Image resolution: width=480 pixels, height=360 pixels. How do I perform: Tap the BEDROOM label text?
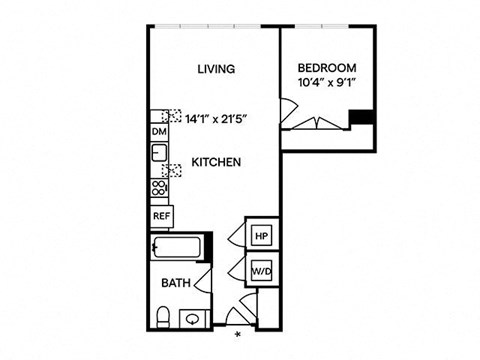pos(327,68)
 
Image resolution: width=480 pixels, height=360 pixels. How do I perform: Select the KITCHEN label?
pos(216,162)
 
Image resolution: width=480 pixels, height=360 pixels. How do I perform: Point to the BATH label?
pos(176,283)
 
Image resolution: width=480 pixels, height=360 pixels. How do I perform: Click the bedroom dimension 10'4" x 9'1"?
pos(325,82)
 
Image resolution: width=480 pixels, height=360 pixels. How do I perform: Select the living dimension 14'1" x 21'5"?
pos(216,119)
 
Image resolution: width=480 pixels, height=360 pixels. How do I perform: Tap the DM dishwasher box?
pos(159,132)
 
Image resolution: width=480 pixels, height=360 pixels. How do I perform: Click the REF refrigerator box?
pos(161,216)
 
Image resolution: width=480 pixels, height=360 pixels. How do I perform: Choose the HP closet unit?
pos(262,236)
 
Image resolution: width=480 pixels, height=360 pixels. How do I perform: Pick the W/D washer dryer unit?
pos(262,271)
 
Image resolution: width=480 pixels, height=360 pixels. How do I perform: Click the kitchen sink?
pos(159,152)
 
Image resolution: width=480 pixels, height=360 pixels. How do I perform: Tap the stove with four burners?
pos(159,188)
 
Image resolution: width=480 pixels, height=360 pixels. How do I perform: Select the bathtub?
pos(176,247)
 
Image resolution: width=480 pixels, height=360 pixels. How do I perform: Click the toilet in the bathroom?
pos(163,317)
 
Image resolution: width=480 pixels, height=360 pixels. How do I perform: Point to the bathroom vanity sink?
pos(193,319)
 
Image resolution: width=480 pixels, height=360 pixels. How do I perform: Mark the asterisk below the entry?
pos(238,335)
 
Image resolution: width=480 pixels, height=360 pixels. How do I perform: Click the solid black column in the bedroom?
pos(361,117)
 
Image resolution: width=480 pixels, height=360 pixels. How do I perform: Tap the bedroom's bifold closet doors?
pos(317,123)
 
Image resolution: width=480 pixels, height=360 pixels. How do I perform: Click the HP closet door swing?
pos(237,235)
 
